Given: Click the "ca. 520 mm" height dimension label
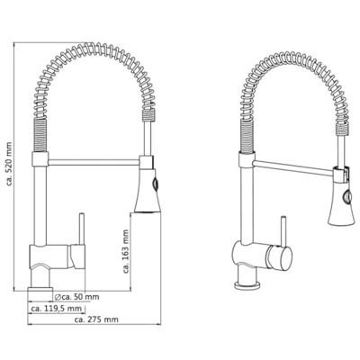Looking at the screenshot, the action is pos(9,164).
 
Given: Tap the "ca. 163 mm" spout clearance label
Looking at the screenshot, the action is pos(126,252).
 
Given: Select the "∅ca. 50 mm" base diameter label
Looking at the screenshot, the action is pos(76,297).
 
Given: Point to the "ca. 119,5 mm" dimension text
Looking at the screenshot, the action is pos(57,308).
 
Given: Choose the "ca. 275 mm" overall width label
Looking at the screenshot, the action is pos(96,319).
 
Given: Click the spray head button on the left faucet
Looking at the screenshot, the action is pos(155,184).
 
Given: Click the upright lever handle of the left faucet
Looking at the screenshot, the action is pos(81,229).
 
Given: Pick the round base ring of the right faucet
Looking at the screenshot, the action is pos(247,284).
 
